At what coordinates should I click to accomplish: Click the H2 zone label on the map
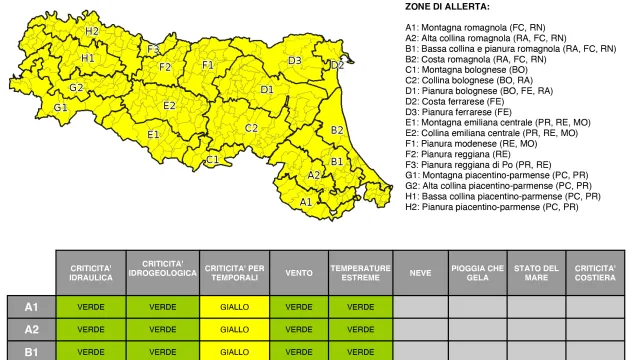click(92, 31)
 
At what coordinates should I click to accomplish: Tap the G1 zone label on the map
click(61, 107)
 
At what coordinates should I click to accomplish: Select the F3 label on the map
click(153, 48)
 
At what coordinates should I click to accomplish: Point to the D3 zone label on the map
click(295, 60)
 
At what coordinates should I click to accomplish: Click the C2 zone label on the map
click(252, 127)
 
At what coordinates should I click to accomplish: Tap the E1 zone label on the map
click(153, 133)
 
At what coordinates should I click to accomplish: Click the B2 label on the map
click(337, 130)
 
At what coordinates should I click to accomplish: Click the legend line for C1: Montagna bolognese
click(466, 70)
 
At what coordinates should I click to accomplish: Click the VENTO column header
click(299, 272)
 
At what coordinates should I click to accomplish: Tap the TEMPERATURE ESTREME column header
click(361, 272)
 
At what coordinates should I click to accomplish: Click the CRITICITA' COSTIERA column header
click(597, 272)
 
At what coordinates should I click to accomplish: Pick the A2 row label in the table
click(31, 328)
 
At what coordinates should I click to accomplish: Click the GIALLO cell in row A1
click(235, 305)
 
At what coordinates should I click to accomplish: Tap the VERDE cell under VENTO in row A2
click(299, 328)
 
